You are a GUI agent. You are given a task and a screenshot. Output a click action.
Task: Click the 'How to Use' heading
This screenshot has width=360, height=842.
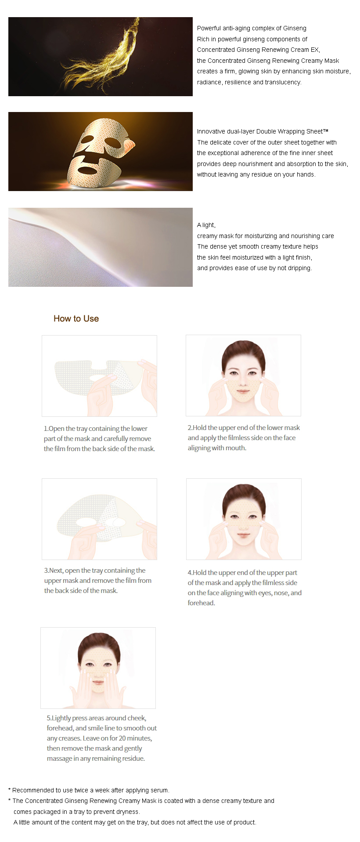pyautogui.click(x=76, y=318)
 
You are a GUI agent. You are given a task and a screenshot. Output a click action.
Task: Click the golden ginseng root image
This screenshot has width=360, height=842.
pyautogui.click(x=101, y=57)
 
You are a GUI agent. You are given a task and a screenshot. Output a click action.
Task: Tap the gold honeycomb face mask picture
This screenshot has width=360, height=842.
pyautogui.click(x=101, y=152)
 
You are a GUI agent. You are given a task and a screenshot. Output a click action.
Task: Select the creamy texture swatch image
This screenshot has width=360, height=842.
pyautogui.click(x=101, y=247)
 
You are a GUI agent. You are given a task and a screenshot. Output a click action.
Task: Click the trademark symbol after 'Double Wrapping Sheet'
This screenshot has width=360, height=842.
pyautogui.click(x=326, y=130)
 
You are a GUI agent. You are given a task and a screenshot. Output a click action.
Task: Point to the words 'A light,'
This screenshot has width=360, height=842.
pyautogui.click(x=206, y=225)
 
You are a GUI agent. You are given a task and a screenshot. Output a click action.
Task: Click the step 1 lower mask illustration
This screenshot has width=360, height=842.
pyautogui.click(x=99, y=376)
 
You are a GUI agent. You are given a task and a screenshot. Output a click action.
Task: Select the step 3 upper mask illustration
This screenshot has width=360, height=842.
pyautogui.click(x=99, y=519)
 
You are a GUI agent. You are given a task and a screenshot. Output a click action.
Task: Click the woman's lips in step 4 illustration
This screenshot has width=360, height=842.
pyautogui.click(x=243, y=535)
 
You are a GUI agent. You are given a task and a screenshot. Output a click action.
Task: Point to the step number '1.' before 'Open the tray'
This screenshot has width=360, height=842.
pyautogui.click(x=46, y=429)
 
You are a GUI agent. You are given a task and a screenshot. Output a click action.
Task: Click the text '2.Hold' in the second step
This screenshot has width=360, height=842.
pyautogui.click(x=197, y=428)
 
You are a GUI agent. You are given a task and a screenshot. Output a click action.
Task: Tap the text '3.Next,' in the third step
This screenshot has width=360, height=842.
pyautogui.click(x=54, y=571)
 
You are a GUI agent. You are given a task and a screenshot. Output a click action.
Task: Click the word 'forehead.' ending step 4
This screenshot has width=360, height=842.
pyautogui.click(x=202, y=603)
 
